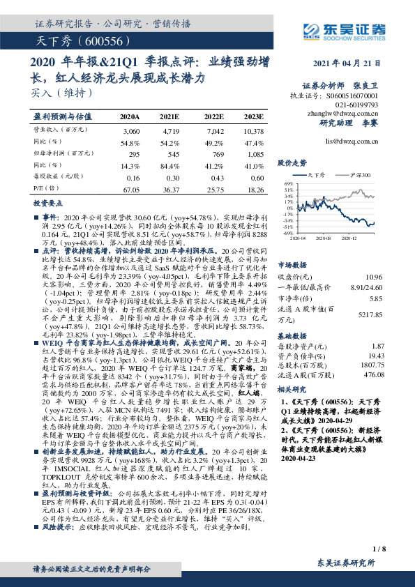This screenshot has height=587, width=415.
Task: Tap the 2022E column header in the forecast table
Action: point(214,116)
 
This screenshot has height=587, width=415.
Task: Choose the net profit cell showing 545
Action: point(170,152)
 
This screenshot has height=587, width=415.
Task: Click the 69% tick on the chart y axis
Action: point(288,183)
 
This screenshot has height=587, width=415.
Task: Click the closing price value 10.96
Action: point(375,277)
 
